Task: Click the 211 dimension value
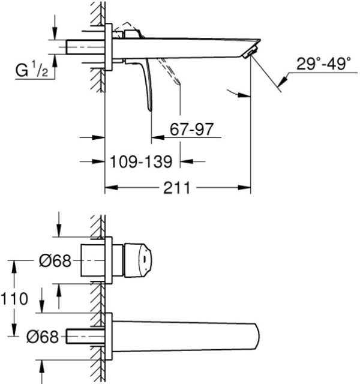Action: pos(176,188)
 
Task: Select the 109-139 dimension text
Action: pos(141,161)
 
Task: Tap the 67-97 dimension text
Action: pos(191,129)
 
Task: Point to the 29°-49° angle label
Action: pos(324,64)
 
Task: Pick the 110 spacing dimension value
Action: pos(14,299)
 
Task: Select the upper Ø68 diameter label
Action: pos(55,260)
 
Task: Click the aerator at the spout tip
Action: pos(250,52)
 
